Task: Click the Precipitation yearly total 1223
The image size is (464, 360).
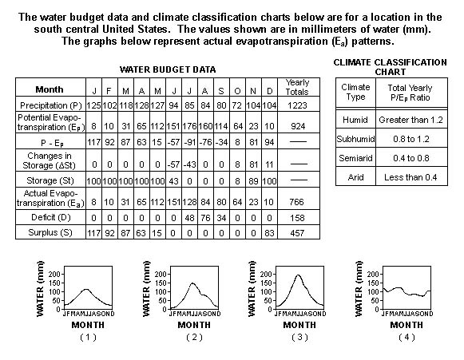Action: (x=297, y=105)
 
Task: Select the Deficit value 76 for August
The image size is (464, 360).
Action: (x=205, y=218)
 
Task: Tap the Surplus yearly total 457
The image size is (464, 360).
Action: (x=297, y=233)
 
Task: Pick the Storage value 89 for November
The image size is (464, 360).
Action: (x=253, y=180)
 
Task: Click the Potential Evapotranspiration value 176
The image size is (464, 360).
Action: (x=189, y=126)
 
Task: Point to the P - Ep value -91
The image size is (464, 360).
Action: (x=189, y=142)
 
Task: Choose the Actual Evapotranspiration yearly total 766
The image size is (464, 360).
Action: (x=297, y=202)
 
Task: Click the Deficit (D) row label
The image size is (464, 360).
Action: (x=50, y=218)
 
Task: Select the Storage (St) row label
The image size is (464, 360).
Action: (x=50, y=180)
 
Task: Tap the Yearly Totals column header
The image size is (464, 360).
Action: (x=297, y=87)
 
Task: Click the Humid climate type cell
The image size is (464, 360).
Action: (x=355, y=120)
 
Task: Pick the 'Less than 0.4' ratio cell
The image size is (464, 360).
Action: (x=410, y=177)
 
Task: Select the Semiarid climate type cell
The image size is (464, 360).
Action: (x=355, y=158)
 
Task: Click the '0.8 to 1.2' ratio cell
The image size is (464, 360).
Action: (x=411, y=139)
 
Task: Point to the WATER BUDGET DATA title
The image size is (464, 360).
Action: (x=168, y=69)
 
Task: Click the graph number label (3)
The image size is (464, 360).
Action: (x=299, y=337)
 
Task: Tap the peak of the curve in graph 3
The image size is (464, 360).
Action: (x=299, y=275)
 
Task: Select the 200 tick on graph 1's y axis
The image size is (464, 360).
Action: (x=54, y=274)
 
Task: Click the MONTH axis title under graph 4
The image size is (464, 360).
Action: (x=406, y=325)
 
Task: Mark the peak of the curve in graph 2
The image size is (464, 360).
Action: (x=192, y=283)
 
